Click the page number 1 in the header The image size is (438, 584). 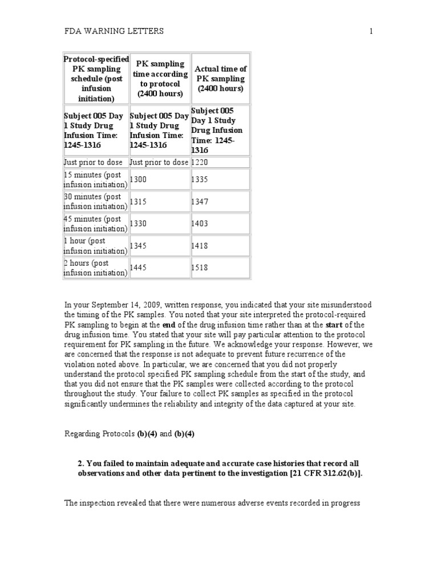(371, 31)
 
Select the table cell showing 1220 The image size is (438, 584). (200, 163)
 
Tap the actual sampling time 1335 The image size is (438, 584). (200, 180)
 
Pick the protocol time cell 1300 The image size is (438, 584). (139, 180)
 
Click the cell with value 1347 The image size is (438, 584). (200, 202)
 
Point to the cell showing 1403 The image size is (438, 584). (200, 224)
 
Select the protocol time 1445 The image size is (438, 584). (139, 267)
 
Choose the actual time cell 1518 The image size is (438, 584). (200, 267)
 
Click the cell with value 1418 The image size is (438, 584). (200, 246)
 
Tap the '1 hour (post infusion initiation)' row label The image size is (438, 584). (95, 246)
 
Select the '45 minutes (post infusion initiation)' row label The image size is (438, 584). (95, 224)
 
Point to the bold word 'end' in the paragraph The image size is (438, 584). (170, 325)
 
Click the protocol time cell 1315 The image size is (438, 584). (139, 202)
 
